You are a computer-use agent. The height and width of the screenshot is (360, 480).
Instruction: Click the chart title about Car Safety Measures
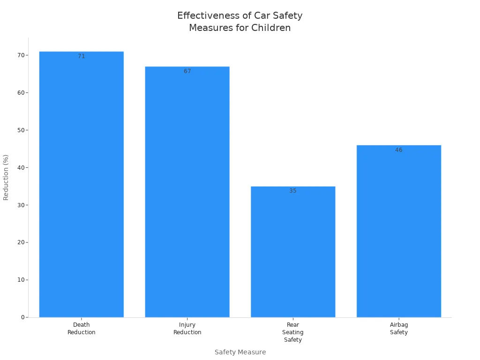click(x=240, y=22)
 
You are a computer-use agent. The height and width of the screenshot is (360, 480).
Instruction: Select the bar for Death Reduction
click(x=81, y=187)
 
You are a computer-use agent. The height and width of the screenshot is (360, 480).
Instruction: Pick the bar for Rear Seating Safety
click(x=293, y=253)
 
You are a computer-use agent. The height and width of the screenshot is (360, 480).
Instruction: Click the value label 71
click(x=81, y=56)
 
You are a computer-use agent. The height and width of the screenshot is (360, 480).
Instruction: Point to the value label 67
click(x=187, y=71)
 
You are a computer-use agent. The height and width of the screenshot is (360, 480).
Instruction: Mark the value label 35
click(x=293, y=191)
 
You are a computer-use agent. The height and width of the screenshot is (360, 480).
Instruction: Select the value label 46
click(x=398, y=150)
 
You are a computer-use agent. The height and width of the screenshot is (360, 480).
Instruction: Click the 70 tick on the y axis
click(x=21, y=55)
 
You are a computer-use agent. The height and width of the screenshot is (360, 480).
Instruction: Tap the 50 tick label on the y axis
click(x=21, y=130)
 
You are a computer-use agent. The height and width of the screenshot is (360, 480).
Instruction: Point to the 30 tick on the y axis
click(x=21, y=205)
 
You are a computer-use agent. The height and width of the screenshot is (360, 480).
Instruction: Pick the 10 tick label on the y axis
click(x=21, y=280)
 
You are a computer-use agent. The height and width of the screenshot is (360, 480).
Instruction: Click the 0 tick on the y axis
click(x=22, y=317)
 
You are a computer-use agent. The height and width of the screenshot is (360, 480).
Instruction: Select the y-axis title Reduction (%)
click(x=6, y=177)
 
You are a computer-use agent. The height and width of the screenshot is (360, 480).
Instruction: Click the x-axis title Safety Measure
click(x=240, y=352)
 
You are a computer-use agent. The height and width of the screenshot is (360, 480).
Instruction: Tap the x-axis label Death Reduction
click(x=81, y=329)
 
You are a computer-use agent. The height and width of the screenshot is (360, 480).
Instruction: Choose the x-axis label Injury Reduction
click(x=187, y=329)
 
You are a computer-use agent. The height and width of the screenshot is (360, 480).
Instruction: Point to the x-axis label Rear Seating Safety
click(x=293, y=332)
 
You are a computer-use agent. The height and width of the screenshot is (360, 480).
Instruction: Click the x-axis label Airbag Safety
click(x=398, y=329)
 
